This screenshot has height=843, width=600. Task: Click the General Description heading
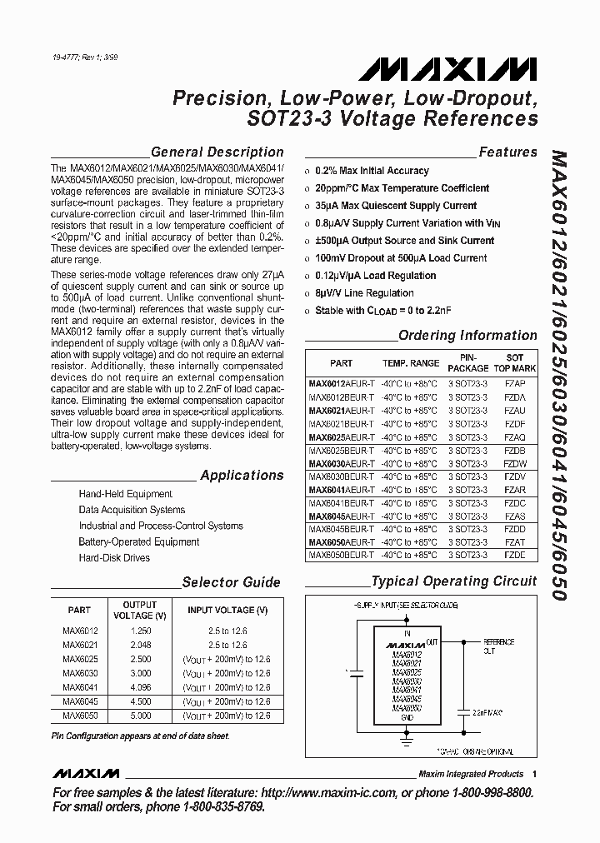tap(217, 152)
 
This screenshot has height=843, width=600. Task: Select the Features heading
tap(507, 152)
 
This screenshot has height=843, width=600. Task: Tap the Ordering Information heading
tap(467, 336)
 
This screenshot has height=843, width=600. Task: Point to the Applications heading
tap(242, 476)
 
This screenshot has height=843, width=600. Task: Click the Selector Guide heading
tap(231, 582)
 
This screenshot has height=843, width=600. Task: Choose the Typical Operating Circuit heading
tap(453, 581)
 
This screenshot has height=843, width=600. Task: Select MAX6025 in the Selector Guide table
tap(81, 658)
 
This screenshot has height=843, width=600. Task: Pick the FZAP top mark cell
tap(514, 384)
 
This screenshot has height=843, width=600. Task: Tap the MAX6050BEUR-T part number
tap(341, 555)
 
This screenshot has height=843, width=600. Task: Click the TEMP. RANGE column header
tap(410, 363)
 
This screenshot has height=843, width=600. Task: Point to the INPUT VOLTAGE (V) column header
tap(227, 611)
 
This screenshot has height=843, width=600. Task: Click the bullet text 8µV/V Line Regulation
tap(364, 293)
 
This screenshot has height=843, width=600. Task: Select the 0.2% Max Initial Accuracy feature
tap(372, 171)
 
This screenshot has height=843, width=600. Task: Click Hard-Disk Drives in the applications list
tap(114, 557)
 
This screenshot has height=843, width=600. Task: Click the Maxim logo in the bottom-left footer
tap(86, 774)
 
